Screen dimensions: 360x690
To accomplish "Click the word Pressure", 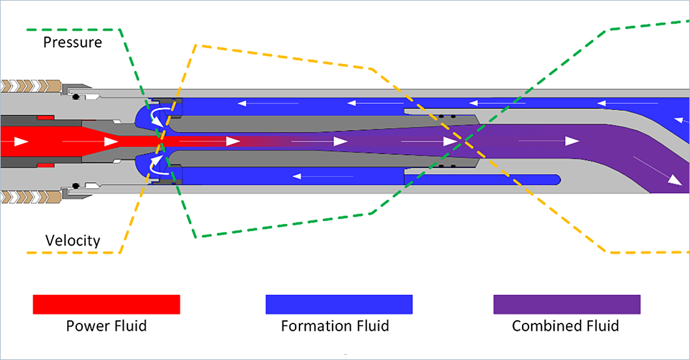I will point(72,43).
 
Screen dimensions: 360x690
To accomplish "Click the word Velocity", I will point(72,241).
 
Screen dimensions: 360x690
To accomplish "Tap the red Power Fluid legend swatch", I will point(106,304).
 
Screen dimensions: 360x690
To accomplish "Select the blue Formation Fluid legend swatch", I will point(338,304).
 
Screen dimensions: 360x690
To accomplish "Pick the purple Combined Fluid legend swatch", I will point(566,304).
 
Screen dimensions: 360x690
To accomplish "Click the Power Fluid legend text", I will point(106,325).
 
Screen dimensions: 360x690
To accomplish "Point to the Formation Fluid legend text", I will point(335,325).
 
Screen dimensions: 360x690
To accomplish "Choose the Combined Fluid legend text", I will point(565,325).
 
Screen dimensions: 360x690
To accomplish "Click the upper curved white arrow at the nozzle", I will point(158,115).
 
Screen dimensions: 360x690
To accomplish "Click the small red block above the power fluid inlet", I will point(45,117).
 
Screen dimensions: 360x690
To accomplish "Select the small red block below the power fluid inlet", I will point(45,165).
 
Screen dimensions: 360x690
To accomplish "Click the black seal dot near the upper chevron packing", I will point(76,96).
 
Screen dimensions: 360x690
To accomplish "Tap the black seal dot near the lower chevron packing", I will point(76,186).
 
